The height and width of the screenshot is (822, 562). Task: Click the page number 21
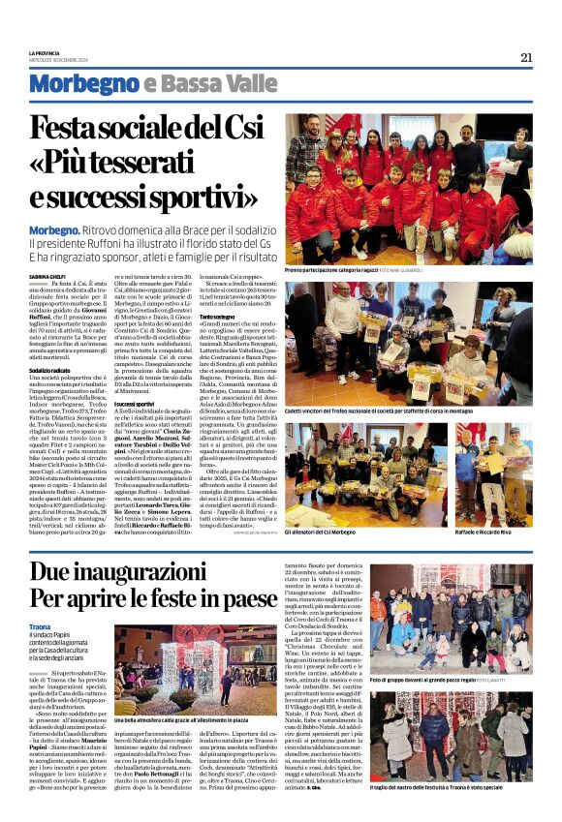tap(526, 56)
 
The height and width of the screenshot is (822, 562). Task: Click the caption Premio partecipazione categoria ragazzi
tap(328, 272)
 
